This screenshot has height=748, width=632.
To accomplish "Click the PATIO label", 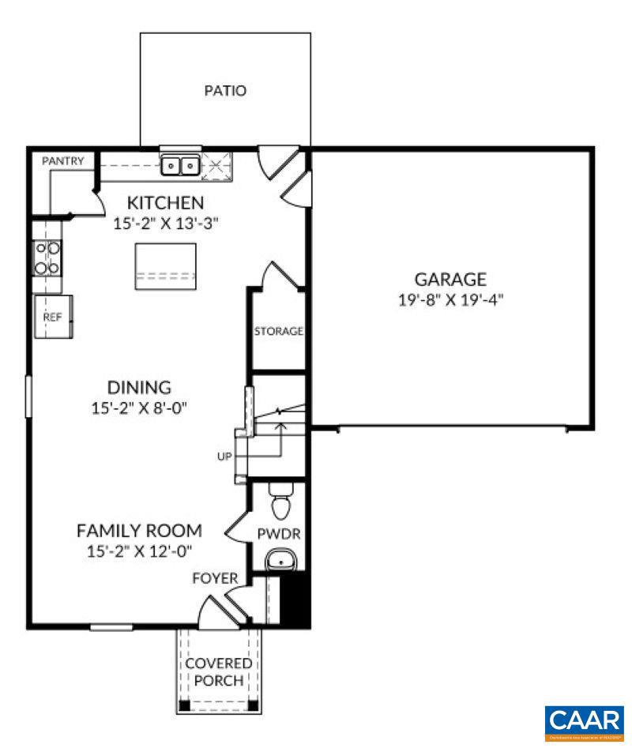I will tap(225, 91).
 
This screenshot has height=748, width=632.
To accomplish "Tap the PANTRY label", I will tap(62, 161).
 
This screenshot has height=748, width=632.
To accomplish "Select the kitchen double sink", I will tap(180, 166).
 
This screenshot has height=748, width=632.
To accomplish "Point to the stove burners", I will tap(47, 257).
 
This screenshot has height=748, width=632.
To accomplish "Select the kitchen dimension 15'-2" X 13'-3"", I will tap(166, 223).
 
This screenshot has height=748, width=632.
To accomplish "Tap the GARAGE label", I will tap(450, 279).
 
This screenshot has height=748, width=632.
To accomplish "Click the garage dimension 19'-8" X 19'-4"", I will tap(450, 300).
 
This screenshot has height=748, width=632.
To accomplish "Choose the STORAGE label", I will tap(278, 331).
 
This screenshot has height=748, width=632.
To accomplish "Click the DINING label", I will tap(139, 387).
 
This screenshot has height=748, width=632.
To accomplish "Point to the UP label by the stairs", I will tap(225, 457).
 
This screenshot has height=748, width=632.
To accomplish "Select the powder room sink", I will tap(280, 561).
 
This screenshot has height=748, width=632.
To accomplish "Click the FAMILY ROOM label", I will tap(139, 530).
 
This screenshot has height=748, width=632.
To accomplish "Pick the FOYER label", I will tap(215, 579).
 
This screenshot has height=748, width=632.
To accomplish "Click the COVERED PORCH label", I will tap(219, 672).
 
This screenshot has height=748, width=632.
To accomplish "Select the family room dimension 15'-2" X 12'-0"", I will tap(139, 551).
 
